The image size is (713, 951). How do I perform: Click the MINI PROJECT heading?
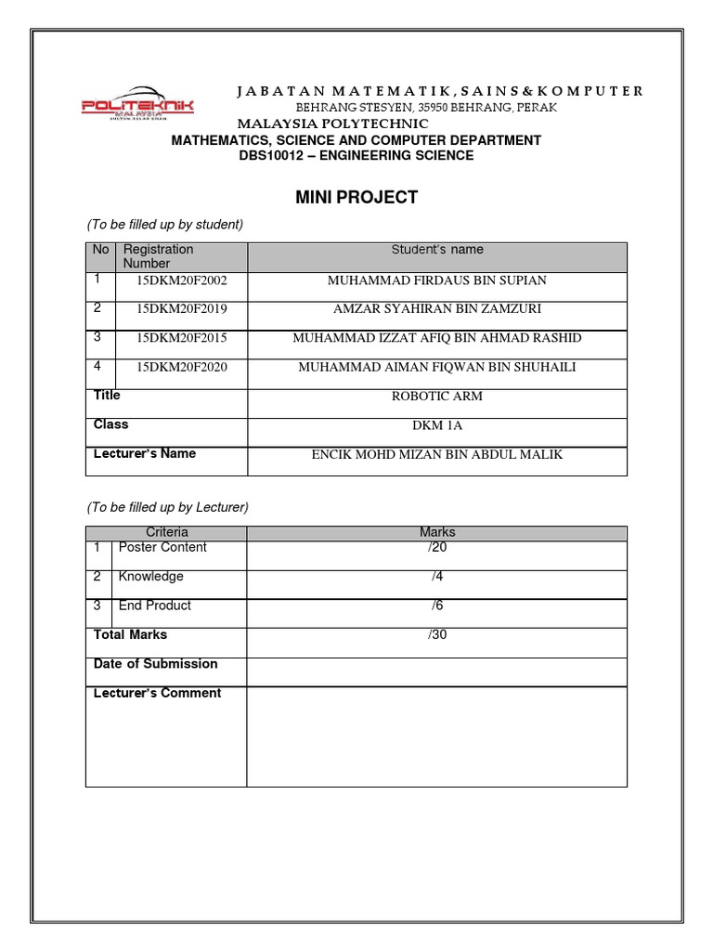[356, 197]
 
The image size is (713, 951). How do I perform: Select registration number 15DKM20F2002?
[182, 280]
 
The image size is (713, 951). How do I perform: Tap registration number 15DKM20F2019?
[182, 309]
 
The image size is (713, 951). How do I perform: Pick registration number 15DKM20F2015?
[182, 338]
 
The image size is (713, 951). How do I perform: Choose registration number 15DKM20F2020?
[182, 367]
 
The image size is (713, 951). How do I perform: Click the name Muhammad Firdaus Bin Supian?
[437, 280]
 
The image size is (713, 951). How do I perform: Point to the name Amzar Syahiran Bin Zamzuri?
[437, 309]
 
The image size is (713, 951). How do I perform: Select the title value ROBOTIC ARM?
[437, 397]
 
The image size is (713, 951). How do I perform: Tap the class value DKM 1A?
[437, 425]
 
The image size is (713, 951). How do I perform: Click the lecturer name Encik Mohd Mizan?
[437, 455]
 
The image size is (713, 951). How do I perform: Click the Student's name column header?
[437, 250]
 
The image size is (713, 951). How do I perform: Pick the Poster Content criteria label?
[162, 547]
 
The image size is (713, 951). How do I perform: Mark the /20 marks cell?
[437, 547]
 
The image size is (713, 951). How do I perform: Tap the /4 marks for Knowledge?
[437, 577]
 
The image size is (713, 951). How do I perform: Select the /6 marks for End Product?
[437, 606]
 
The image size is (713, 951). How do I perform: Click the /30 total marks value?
[437, 635]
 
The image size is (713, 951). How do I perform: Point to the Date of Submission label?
[156, 664]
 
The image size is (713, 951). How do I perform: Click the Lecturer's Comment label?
[158, 693]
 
